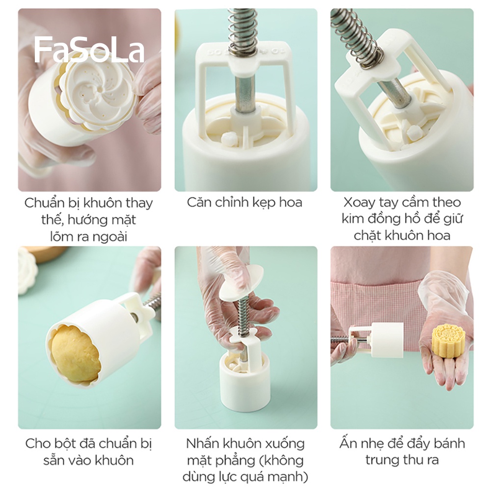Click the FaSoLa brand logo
(89, 50)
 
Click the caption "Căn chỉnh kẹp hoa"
(245, 202)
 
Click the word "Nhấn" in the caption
(202, 444)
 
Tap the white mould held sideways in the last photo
(386, 339)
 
